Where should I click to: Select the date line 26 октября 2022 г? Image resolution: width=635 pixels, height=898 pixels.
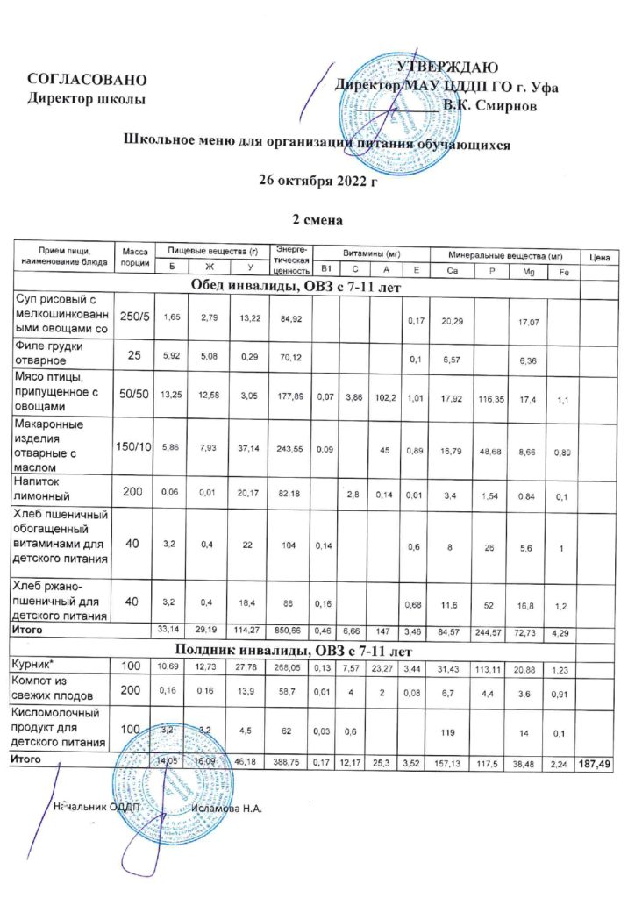tap(317, 182)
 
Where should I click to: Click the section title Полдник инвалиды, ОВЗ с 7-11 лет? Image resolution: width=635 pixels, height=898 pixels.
tap(317, 650)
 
